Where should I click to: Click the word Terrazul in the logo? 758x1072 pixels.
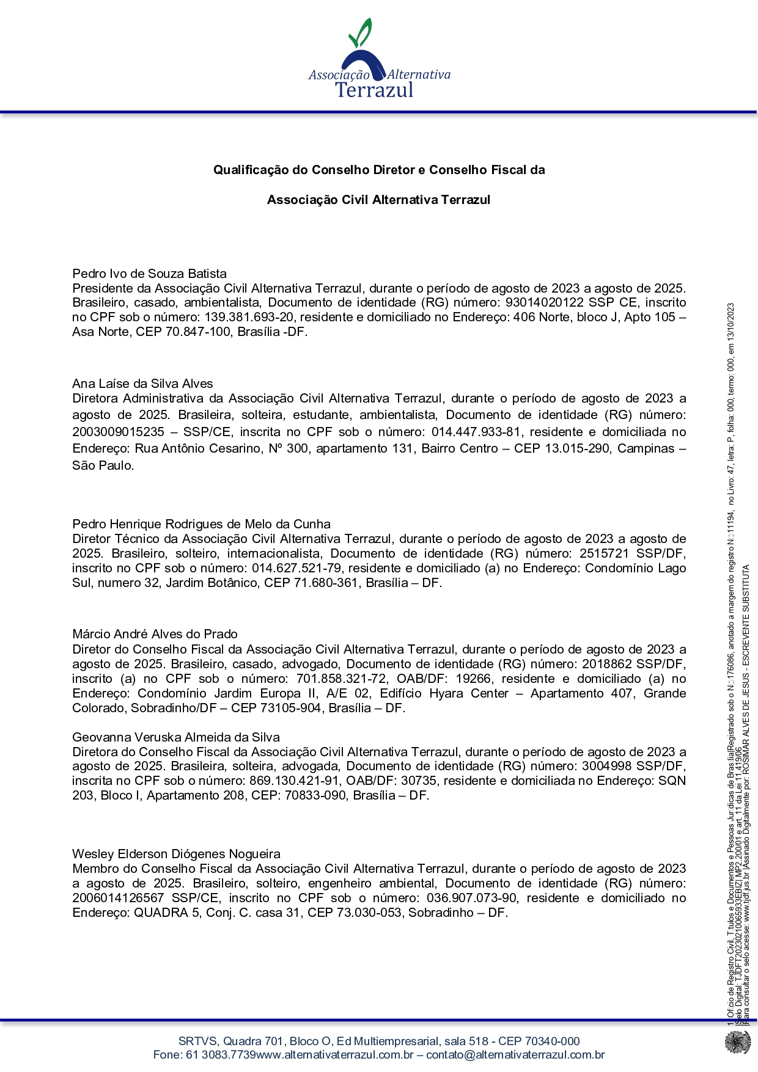point(375,90)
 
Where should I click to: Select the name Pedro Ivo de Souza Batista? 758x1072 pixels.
point(149,274)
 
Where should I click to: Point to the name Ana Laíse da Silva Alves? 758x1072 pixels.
point(142,384)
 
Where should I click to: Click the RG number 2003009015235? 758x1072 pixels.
point(119,432)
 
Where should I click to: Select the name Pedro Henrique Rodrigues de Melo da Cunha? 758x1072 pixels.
point(201,524)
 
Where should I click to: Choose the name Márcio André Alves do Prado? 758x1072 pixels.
point(155,634)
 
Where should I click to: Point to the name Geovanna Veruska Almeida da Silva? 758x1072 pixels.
point(176,737)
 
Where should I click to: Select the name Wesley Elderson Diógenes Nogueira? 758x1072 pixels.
point(176,854)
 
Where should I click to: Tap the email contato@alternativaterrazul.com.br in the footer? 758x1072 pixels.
point(515,1055)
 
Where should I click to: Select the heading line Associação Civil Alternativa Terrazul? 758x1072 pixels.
point(378,200)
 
